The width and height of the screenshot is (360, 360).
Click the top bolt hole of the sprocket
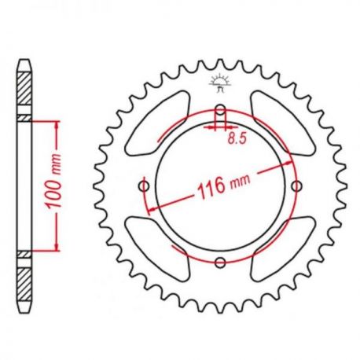tap(220, 110)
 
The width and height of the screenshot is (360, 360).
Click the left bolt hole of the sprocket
tap(144, 186)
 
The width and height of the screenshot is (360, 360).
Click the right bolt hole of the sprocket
tap(297, 186)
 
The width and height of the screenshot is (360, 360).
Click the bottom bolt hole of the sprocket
tap(220, 263)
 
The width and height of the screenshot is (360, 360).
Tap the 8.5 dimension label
tap(237, 139)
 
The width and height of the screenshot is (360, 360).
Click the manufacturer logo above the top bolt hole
tap(220, 83)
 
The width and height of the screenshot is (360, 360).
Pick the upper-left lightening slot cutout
tap(157, 123)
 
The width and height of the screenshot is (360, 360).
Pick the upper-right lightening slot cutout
tap(283, 123)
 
